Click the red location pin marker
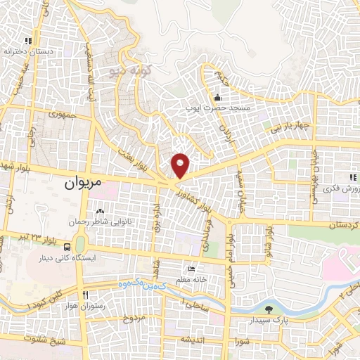click(x=181, y=165)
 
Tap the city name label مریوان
click(x=79, y=183)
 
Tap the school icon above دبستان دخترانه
click(x=28, y=41)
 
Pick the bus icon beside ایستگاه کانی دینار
click(x=67, y=247)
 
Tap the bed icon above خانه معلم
click(x=192, y=269)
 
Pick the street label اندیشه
click(x=192, y=338)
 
